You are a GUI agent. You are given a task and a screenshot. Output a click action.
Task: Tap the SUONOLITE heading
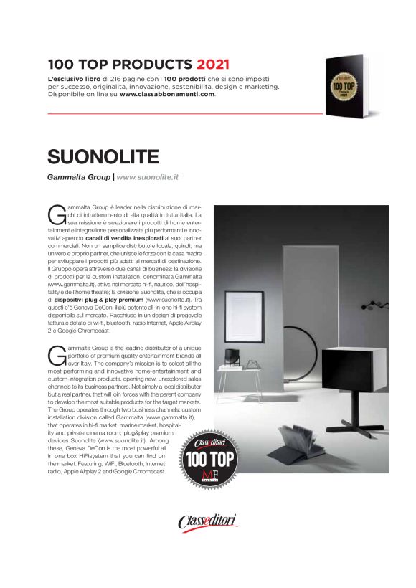coord(103,157)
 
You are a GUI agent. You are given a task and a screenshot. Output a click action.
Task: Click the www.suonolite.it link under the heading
coord(147,176)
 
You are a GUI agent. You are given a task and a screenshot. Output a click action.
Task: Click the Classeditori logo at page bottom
coord(208,521)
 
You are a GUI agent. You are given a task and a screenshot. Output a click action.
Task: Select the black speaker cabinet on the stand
coord(344,369)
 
